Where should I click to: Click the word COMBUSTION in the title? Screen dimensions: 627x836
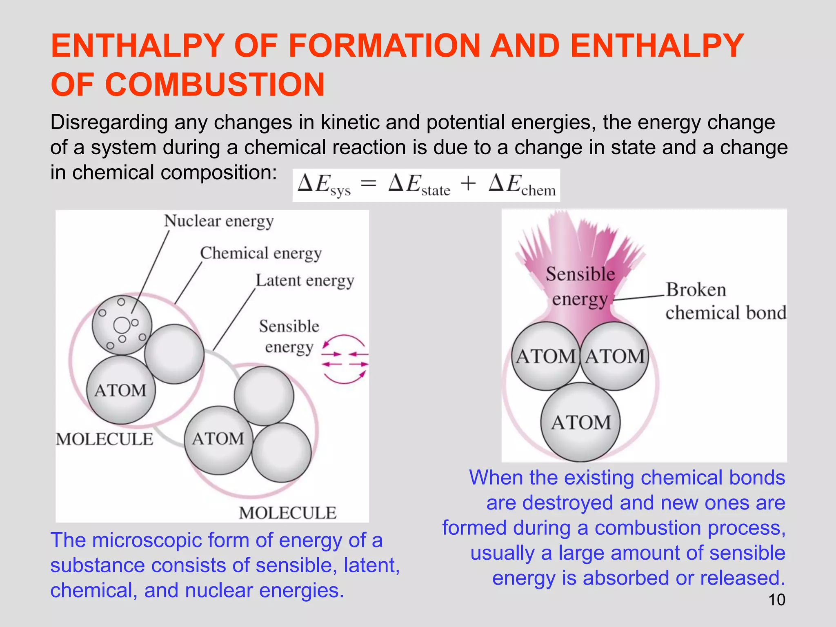215,85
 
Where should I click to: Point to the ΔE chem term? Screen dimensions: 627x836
522,185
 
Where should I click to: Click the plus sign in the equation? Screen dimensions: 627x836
468,183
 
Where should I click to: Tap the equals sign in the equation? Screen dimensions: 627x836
368,184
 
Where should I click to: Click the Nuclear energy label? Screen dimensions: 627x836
219,221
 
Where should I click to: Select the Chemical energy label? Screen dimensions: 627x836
261,253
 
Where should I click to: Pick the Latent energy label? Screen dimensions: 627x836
305,281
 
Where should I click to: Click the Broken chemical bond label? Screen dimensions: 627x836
725,301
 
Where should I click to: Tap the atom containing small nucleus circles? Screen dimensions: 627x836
122,325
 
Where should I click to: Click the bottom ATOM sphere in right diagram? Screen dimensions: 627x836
581,422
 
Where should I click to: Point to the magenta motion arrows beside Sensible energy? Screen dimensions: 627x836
345,359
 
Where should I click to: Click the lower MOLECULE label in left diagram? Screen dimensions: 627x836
288,513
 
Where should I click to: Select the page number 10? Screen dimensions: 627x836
776,600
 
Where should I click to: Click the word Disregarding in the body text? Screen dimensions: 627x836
109,122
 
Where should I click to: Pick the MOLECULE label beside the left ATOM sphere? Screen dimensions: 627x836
104,439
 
